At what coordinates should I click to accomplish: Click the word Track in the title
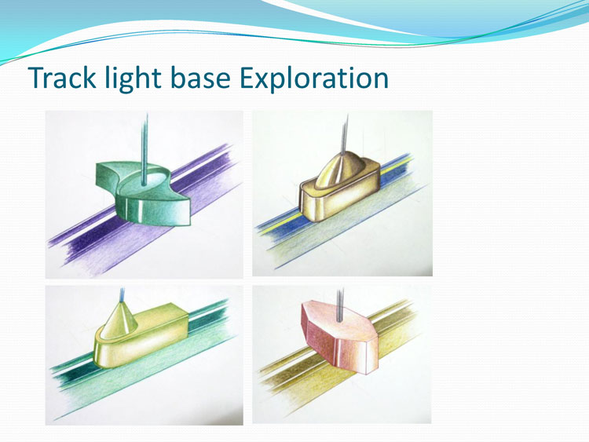coord(62,78)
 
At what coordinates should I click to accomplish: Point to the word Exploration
coord(314,79)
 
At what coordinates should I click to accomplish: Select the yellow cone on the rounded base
coord(119,320)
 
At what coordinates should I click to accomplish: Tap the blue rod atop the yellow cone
coord(122,295)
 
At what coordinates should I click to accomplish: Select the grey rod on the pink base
coord(340,305)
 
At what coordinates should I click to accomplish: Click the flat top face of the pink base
coord(342,317)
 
